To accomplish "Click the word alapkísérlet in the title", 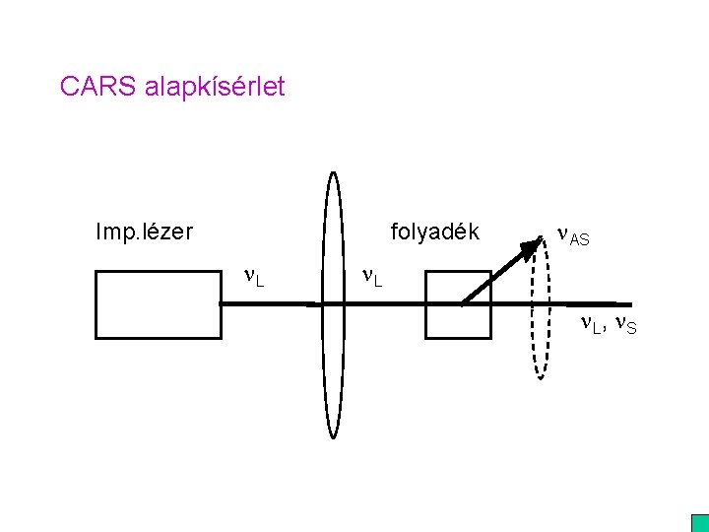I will point(215,88).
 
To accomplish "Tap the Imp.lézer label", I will point(144,233).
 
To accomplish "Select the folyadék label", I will point(434,233).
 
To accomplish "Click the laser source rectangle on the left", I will point(157,304).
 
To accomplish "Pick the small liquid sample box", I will point(457,304).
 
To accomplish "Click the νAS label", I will point(573,236).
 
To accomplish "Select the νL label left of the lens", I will point(253,277).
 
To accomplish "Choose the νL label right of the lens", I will point(372,277).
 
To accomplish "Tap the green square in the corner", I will point(699,523).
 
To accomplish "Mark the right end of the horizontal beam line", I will point(629,303).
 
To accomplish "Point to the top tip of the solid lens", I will point(334,173).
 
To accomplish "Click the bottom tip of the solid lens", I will point(334,436).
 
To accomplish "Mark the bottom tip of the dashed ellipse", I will point(540,377).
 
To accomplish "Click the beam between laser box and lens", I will point(268,304).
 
